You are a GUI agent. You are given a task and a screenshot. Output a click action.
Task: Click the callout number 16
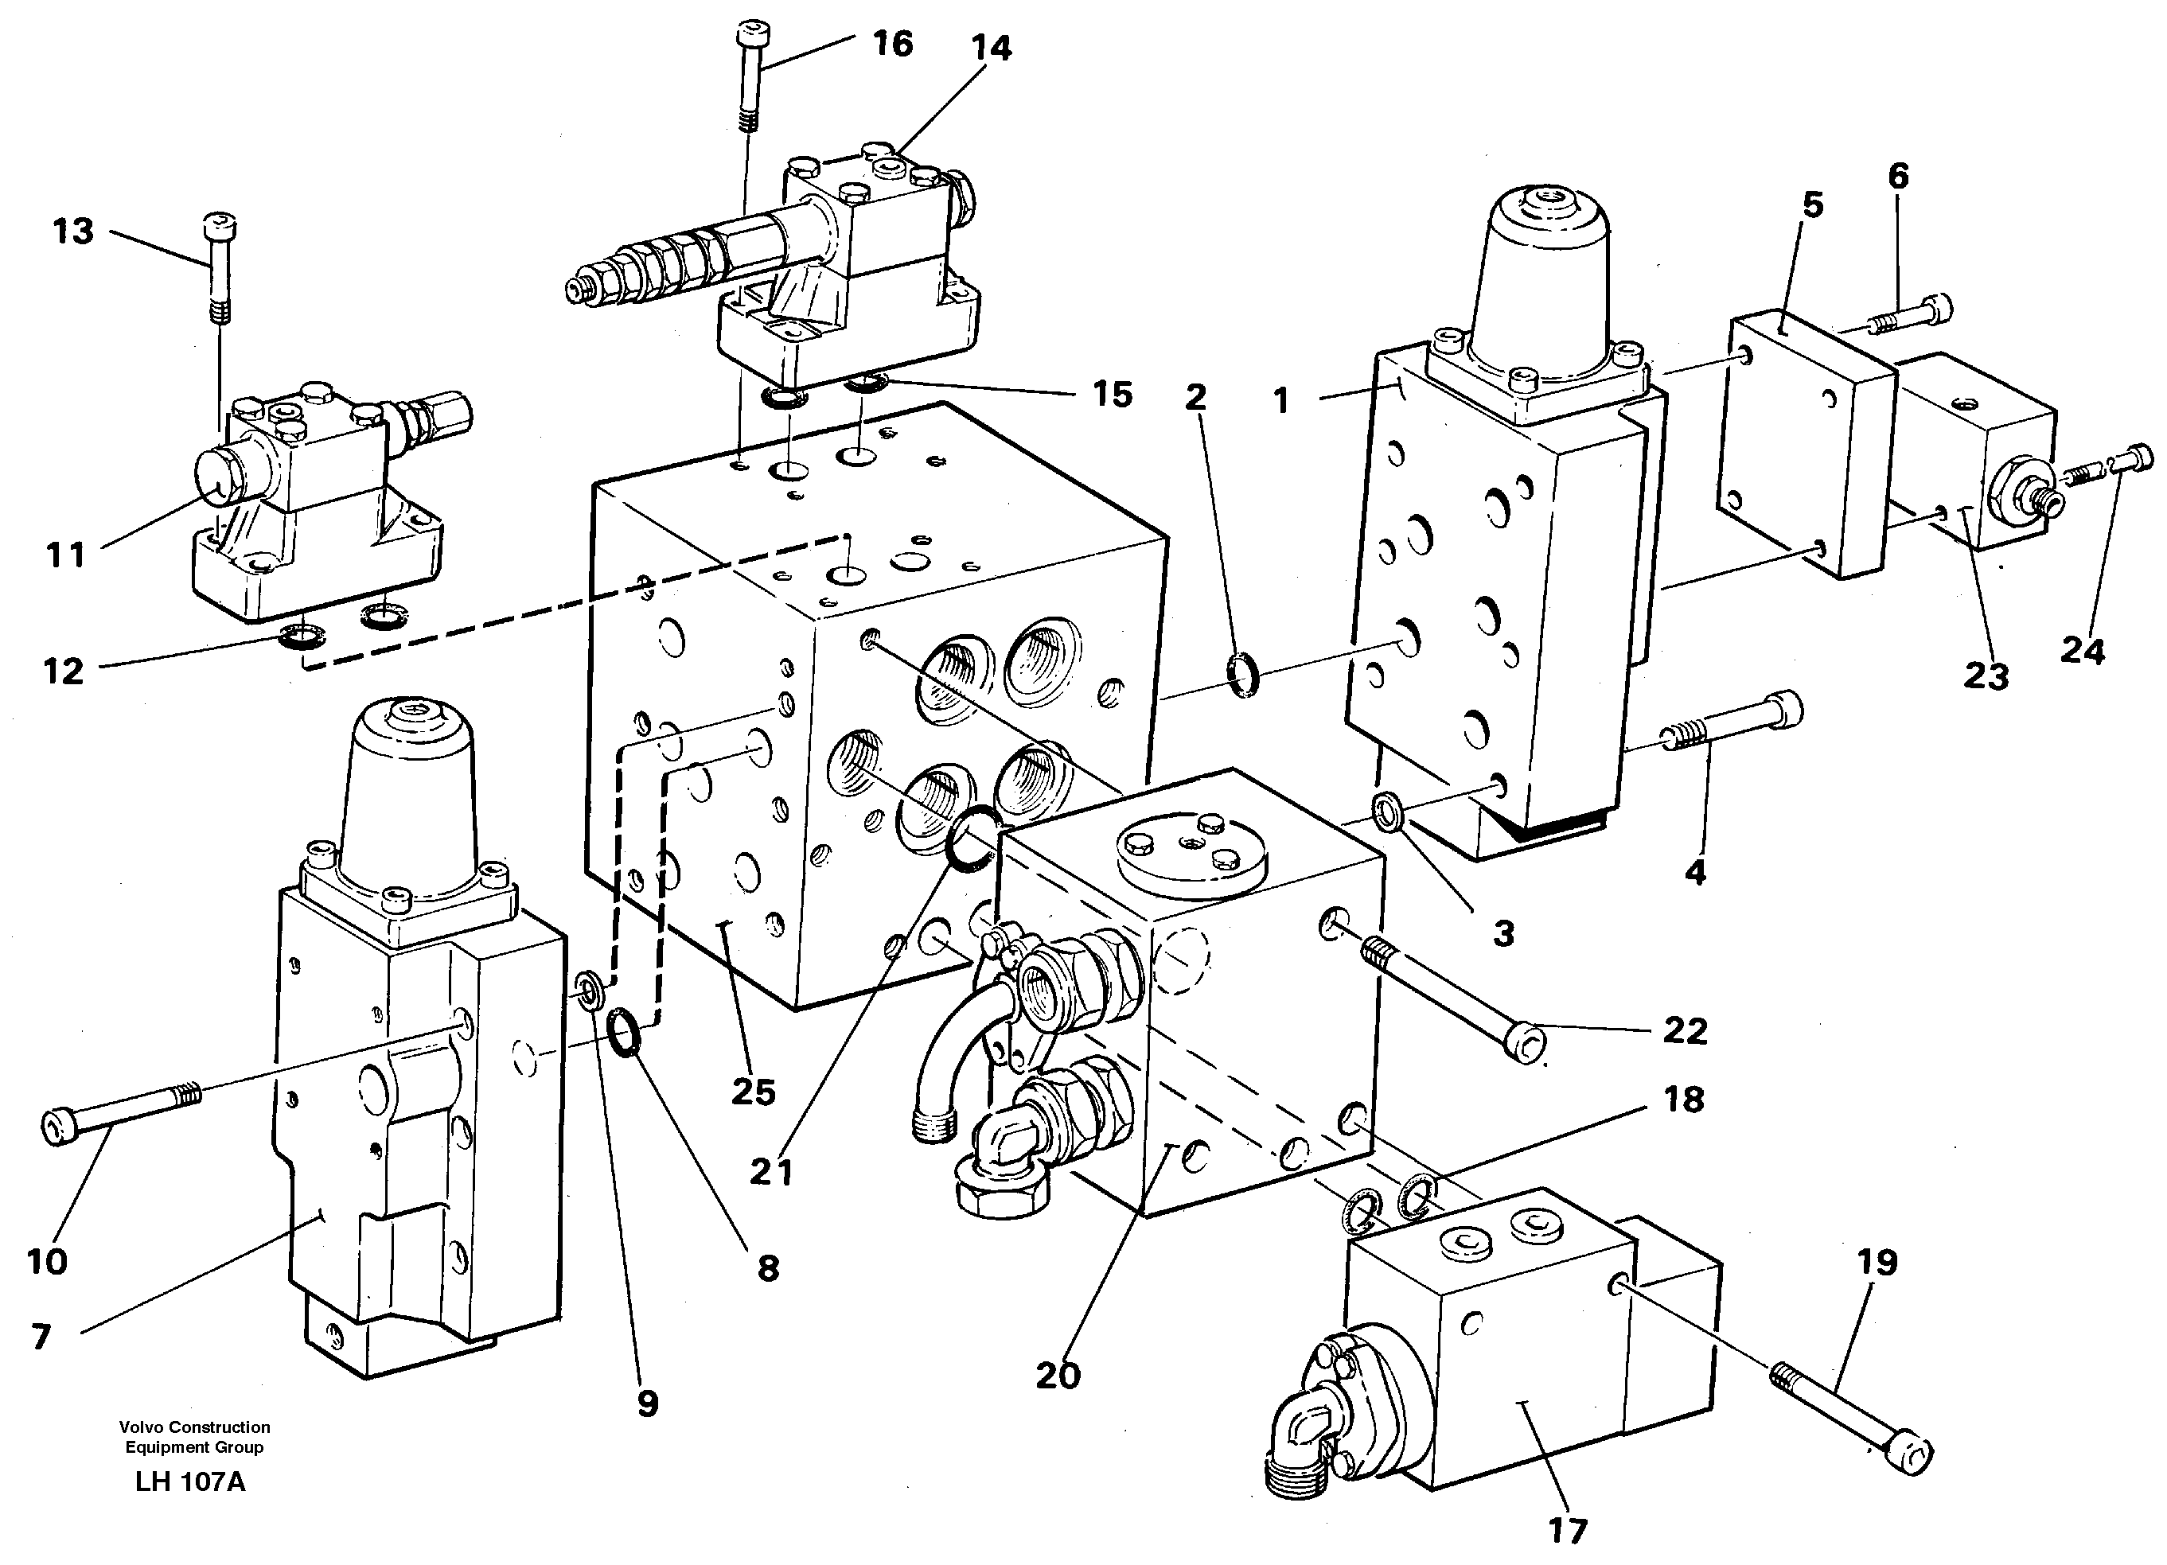[x=892, y=44]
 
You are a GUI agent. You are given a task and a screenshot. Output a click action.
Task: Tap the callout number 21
[x=771, y=1171]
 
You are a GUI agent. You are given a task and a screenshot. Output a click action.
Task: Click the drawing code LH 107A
[x=190, y=1482]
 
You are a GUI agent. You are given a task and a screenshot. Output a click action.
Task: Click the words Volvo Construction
[x=194, y=1427]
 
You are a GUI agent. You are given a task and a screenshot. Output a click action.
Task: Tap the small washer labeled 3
[x=1386, y=812]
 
